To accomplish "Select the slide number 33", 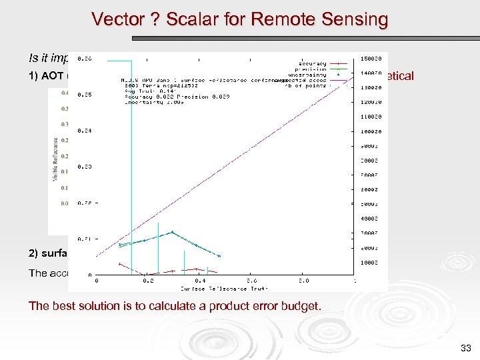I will coord(465,347).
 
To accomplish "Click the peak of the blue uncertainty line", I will coord(172,232).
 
